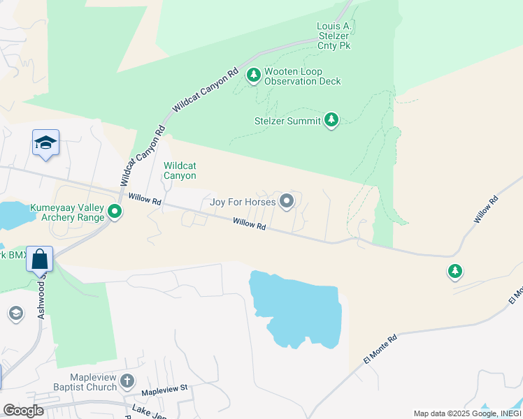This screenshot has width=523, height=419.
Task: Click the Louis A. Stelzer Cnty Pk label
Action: click(334, 36)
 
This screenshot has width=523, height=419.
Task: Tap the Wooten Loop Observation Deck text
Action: click(302, 76)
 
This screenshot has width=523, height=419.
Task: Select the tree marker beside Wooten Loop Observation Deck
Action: click(253, 74)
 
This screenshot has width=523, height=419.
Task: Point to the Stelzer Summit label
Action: click(287, 121)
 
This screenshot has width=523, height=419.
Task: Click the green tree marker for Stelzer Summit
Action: click(331, 120)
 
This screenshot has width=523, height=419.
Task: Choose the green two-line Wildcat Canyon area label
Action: click(180, 170)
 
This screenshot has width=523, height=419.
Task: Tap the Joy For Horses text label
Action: click(243, 203)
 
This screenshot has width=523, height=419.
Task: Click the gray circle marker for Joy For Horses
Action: click(287, 202)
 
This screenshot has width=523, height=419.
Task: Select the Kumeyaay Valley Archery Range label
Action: click(67, 212)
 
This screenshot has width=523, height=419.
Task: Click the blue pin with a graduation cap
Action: click(45, 143)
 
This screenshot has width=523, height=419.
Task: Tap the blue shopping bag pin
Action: click(40, 260)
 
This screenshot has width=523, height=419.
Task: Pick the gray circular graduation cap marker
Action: click(15, 314)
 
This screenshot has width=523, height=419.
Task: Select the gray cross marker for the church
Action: click(127, 381)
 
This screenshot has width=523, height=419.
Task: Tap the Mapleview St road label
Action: click(165, 387)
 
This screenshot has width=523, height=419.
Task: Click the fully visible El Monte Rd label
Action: click(380, 348)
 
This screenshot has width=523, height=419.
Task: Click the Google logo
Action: click(23, 411)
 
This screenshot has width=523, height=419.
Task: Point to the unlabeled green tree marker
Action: click(455, 270)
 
